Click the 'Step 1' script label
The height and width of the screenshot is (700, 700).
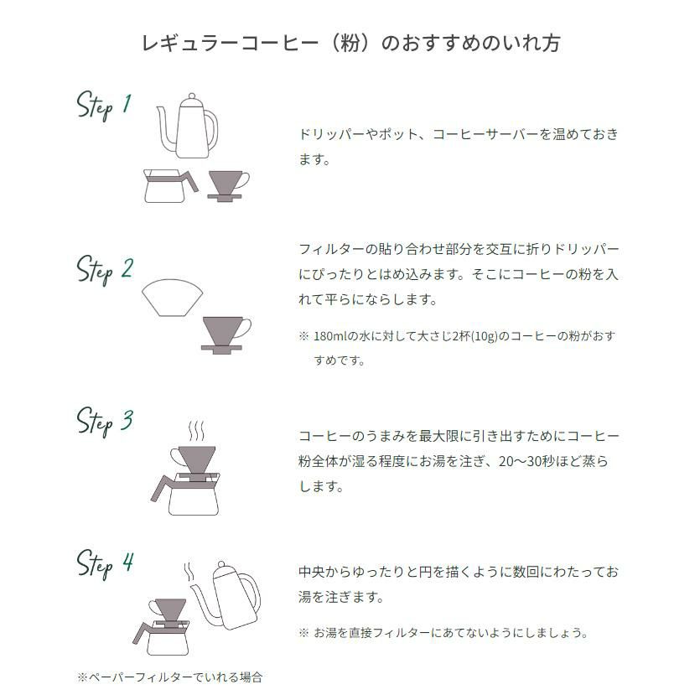click(x=104, y=106)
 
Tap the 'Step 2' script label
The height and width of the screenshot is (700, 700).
click(x=105, y=270)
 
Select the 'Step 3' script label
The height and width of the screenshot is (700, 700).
click(x=105, y=422)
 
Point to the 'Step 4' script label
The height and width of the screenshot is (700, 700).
click(x=105, y=564)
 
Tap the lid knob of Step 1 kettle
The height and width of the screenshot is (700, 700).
click(x=192, y=96)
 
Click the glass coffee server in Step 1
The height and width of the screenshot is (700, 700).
click(x=169, y=186)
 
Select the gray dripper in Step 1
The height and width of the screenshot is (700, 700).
click(x=228, y=186)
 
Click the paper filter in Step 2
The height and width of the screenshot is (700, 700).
click(x=173, y=298)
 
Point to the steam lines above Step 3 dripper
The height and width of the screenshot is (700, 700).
click(x=196, y=431)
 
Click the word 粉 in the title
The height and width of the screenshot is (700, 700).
click(x=350, y=44)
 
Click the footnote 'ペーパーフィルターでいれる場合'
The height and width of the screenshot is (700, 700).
click(x=175, y=677)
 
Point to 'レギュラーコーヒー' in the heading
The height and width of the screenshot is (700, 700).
click(x=230, y=44)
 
